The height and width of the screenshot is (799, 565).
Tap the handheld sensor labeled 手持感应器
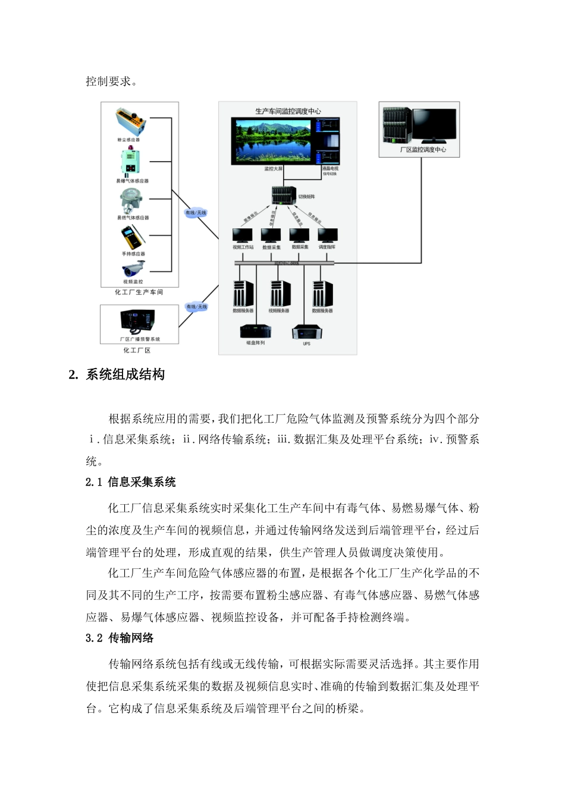131,238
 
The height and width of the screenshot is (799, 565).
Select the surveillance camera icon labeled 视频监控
133,269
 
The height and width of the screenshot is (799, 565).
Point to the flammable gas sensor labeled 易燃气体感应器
131,201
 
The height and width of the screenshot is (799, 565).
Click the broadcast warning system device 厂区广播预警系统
139,322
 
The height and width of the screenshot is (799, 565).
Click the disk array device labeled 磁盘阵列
256,331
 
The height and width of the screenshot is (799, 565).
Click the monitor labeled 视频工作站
243,235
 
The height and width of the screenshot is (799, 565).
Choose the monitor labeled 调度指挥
327,235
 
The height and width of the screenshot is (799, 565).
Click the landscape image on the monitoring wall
273,140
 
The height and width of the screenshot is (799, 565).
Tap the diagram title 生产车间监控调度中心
288,111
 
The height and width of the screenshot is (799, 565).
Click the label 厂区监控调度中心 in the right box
422,150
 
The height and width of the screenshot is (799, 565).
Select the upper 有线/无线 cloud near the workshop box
196,213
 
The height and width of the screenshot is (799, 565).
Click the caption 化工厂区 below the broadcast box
137,350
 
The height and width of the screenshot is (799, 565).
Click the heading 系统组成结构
125,375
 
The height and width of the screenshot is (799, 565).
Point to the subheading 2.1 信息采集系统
130,482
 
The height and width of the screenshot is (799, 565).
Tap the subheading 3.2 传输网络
120,638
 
